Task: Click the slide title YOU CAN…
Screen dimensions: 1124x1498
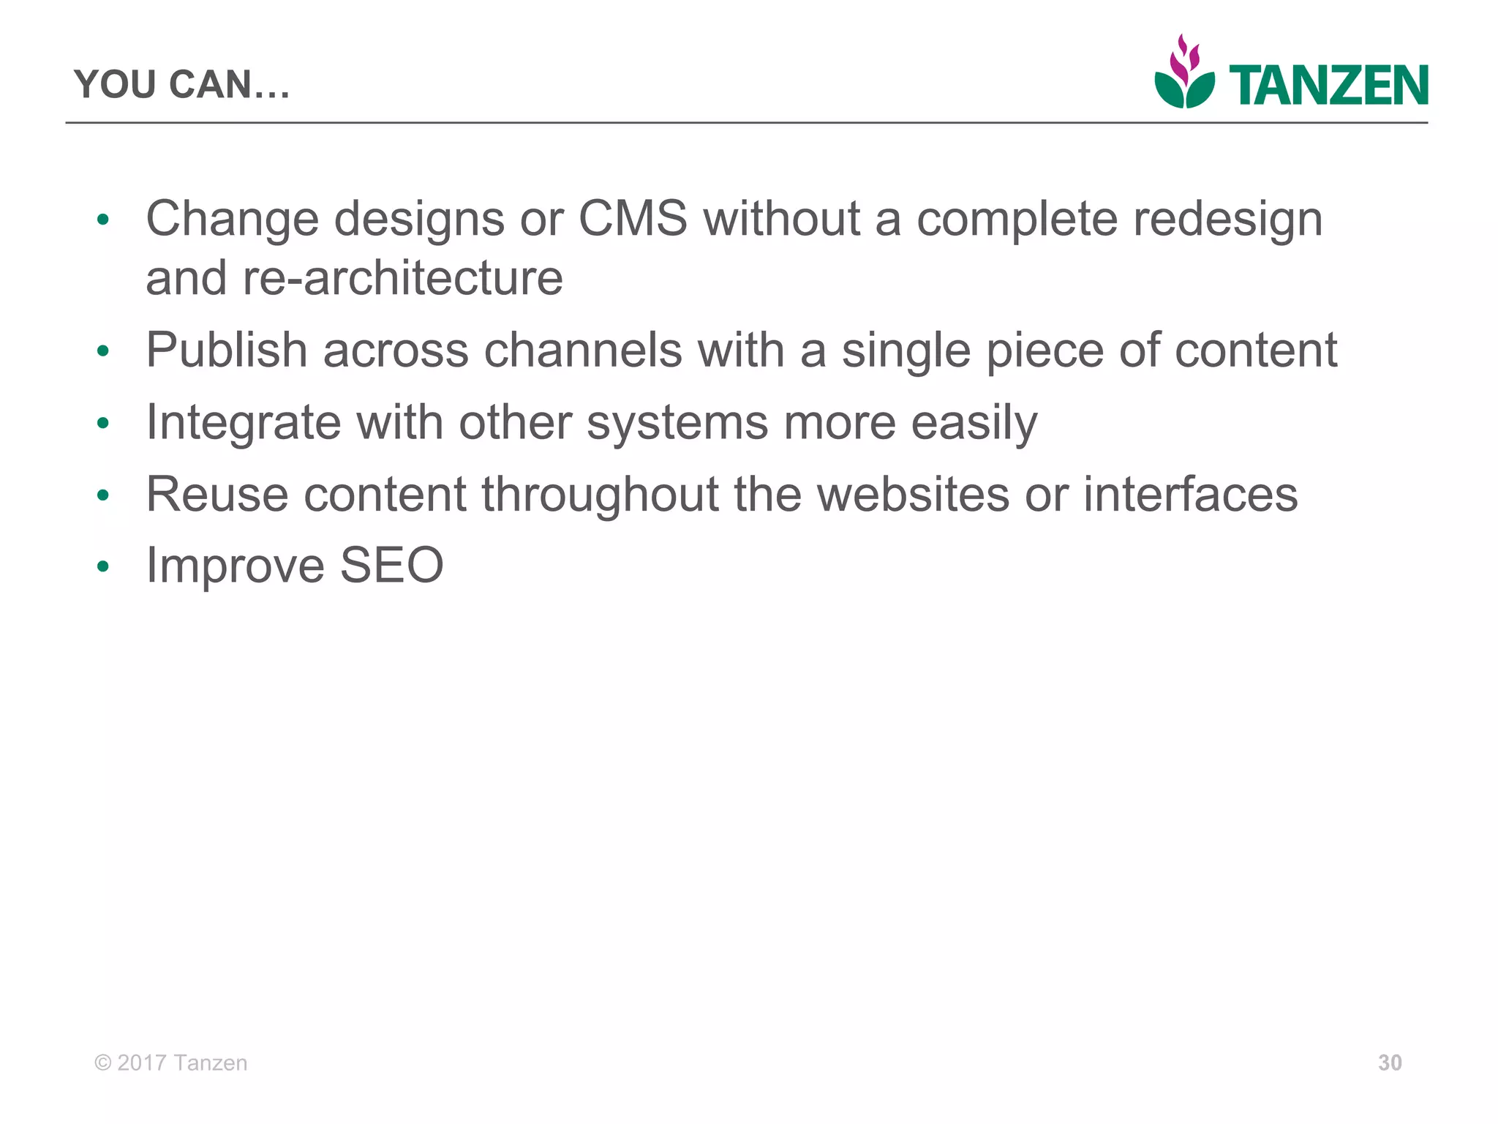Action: click(x=182, y=84)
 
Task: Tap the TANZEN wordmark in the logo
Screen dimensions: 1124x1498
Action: click(x=1328, y=86)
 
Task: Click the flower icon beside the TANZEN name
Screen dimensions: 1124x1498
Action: click(x=1184, y=73)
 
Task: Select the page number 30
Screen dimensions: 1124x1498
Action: click(x=1390, y=1063)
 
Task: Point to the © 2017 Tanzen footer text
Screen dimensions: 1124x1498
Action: click(x=171, y=1063)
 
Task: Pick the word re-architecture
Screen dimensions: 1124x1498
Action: click(x=402, y=278)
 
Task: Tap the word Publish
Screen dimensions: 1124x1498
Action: click(x=226, y=350)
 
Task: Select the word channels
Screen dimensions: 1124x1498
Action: click(x=582, y=350)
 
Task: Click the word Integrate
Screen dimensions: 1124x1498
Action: click(x=244, y=423)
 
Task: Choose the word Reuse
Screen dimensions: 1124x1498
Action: click(x=217, y=494)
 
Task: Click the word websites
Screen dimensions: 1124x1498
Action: click(x=913, y=494)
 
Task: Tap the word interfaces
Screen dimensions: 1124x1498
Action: click(x=1190, y=494)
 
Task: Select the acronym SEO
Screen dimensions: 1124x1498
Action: click(x=391, y=565)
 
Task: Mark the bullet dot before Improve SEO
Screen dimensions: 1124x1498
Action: click(x=103, y=566)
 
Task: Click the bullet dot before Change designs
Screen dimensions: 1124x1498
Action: click(x=103, y=220)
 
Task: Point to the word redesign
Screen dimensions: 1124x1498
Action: click(x=1228, y=220)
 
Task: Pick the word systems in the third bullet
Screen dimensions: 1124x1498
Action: click(x=677, y=423)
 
